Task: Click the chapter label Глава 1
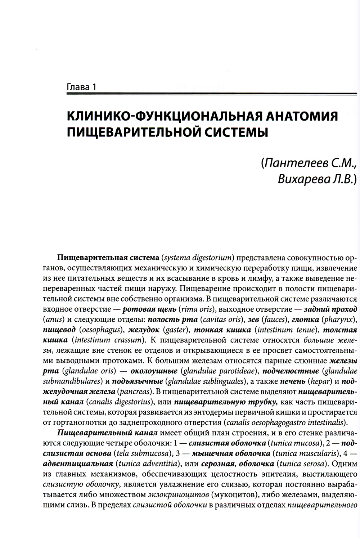tap(82, 87)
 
